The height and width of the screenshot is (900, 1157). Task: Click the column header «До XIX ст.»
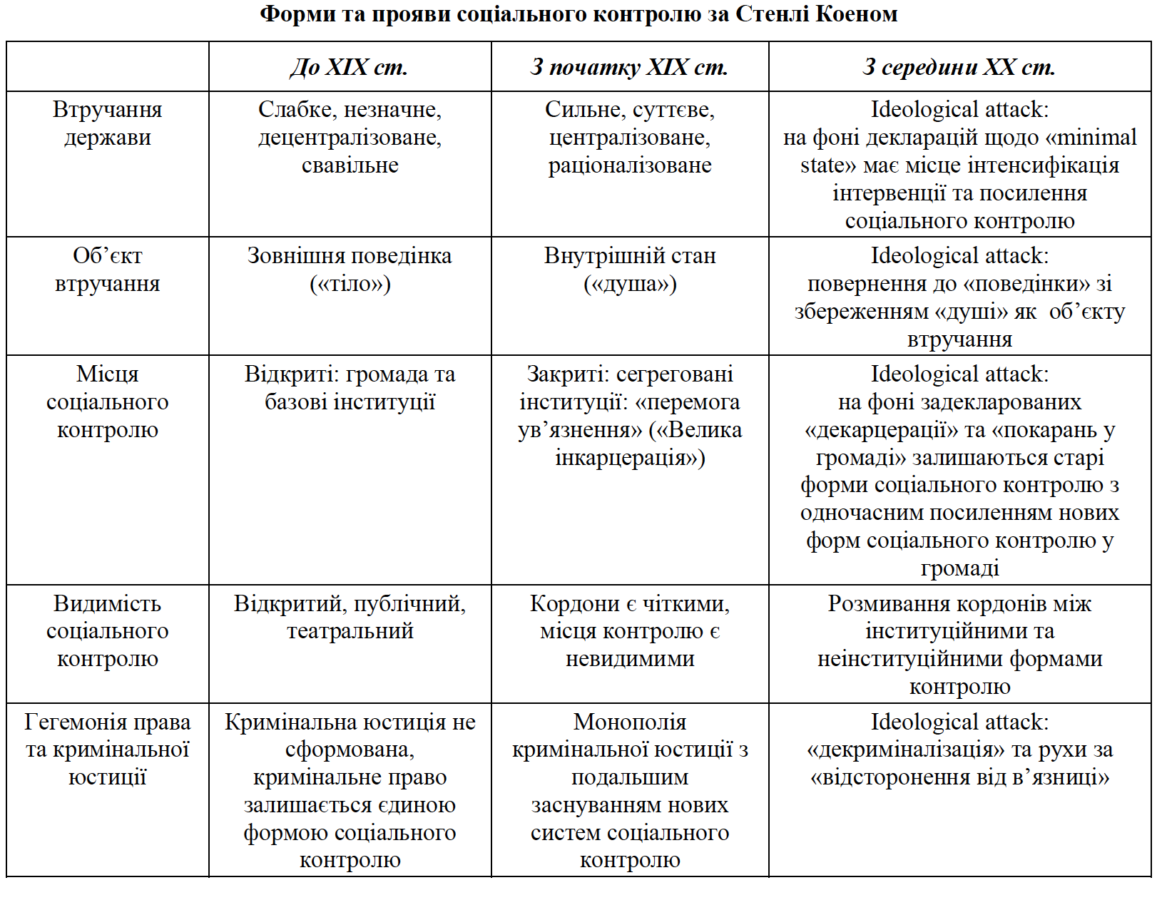350,67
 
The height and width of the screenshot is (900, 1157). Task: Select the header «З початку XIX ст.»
629,67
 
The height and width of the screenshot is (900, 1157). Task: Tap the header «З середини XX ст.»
959,67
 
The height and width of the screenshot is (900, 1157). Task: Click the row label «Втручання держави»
107,123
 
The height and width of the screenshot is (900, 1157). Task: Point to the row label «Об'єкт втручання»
107,270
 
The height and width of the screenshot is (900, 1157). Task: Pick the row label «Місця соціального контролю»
107,402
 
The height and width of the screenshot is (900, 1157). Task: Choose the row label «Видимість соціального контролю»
107,631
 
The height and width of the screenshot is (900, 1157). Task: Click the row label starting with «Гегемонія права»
107,750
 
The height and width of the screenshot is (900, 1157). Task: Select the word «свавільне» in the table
350,165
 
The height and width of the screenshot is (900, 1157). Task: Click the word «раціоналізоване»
629,165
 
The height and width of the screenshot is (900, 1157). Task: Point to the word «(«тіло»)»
350,284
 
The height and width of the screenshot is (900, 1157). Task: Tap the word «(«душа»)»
629,284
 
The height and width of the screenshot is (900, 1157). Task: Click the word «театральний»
350,631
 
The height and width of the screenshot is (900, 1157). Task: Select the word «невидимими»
629,659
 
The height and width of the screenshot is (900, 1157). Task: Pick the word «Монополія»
629,722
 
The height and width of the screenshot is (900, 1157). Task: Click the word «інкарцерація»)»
629,458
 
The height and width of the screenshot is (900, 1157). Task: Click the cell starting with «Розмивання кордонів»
959,645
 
